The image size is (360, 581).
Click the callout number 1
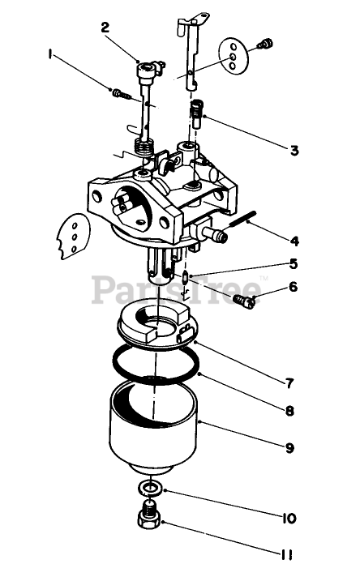(x=49, y=54)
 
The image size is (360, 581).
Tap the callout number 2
(x=105, y=28)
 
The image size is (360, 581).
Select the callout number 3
(x=294, y=151)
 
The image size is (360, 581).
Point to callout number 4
(x=294, y=241)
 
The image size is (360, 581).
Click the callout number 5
(x=294, y=264)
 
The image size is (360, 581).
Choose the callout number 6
(x=294, y=286)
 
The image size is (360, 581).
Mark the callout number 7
(x=289, y=383)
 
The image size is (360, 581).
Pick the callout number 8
(x=289, y=410)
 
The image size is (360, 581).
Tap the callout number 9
(x=289, y=447)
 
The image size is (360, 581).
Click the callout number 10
(x=289, y=518)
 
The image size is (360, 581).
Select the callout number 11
(x=286, y=555)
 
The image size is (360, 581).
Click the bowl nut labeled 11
(x=148, y=515)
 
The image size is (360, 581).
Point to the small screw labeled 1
(x=122, y=93)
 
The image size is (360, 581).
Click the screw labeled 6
(x=244, y=301)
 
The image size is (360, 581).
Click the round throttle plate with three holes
(x=233, y=57)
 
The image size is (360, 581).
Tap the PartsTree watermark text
(x=177, y=289)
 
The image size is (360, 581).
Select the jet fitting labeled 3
(x=195, y=113)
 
